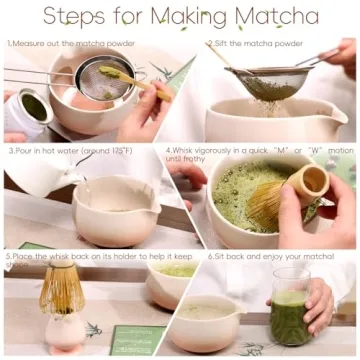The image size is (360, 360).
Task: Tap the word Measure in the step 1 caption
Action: click(x=36, y=44)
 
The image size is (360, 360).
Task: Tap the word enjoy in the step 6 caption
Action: click(x=268, y=256)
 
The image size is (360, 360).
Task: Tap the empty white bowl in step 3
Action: click(x=115, y=210)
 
